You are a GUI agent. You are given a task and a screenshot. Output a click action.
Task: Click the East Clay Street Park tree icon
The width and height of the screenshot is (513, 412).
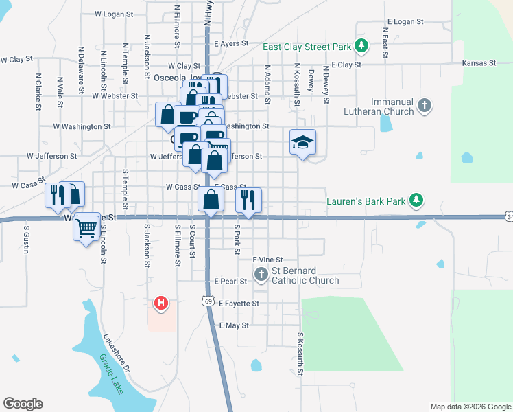point(361,47)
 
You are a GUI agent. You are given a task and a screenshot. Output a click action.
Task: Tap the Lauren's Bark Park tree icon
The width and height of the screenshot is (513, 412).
point(415,201)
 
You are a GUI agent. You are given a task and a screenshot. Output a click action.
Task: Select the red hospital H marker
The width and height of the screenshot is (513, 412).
point(160,302)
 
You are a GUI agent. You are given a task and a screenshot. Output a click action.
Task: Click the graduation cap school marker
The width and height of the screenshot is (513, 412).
point(302,142)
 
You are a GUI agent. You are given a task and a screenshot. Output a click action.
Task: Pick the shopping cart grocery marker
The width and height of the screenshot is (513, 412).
point(86,227)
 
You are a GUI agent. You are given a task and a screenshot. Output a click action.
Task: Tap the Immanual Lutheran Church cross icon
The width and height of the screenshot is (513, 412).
point(425,106)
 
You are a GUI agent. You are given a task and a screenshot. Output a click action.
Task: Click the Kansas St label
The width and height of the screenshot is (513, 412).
point(479,63)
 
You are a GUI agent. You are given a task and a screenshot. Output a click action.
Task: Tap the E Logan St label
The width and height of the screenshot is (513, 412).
point(405,22)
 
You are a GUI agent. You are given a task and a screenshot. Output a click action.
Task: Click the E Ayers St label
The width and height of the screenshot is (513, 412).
point(235,43)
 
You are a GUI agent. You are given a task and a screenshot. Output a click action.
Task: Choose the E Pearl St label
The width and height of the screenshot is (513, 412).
point(230,282)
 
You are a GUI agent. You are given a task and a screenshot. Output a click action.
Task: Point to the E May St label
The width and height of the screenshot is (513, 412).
point(234,325)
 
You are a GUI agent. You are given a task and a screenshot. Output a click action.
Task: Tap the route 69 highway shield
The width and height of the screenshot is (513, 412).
point(207,300)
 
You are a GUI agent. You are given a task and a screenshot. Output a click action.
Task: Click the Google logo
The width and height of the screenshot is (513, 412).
point(23,404)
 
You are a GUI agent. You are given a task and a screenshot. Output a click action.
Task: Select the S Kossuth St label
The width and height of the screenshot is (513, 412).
point(300,354)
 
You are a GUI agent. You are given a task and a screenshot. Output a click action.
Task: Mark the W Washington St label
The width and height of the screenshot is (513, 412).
point(82,126)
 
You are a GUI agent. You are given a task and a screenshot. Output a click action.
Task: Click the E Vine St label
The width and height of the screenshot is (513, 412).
point(268,260)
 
